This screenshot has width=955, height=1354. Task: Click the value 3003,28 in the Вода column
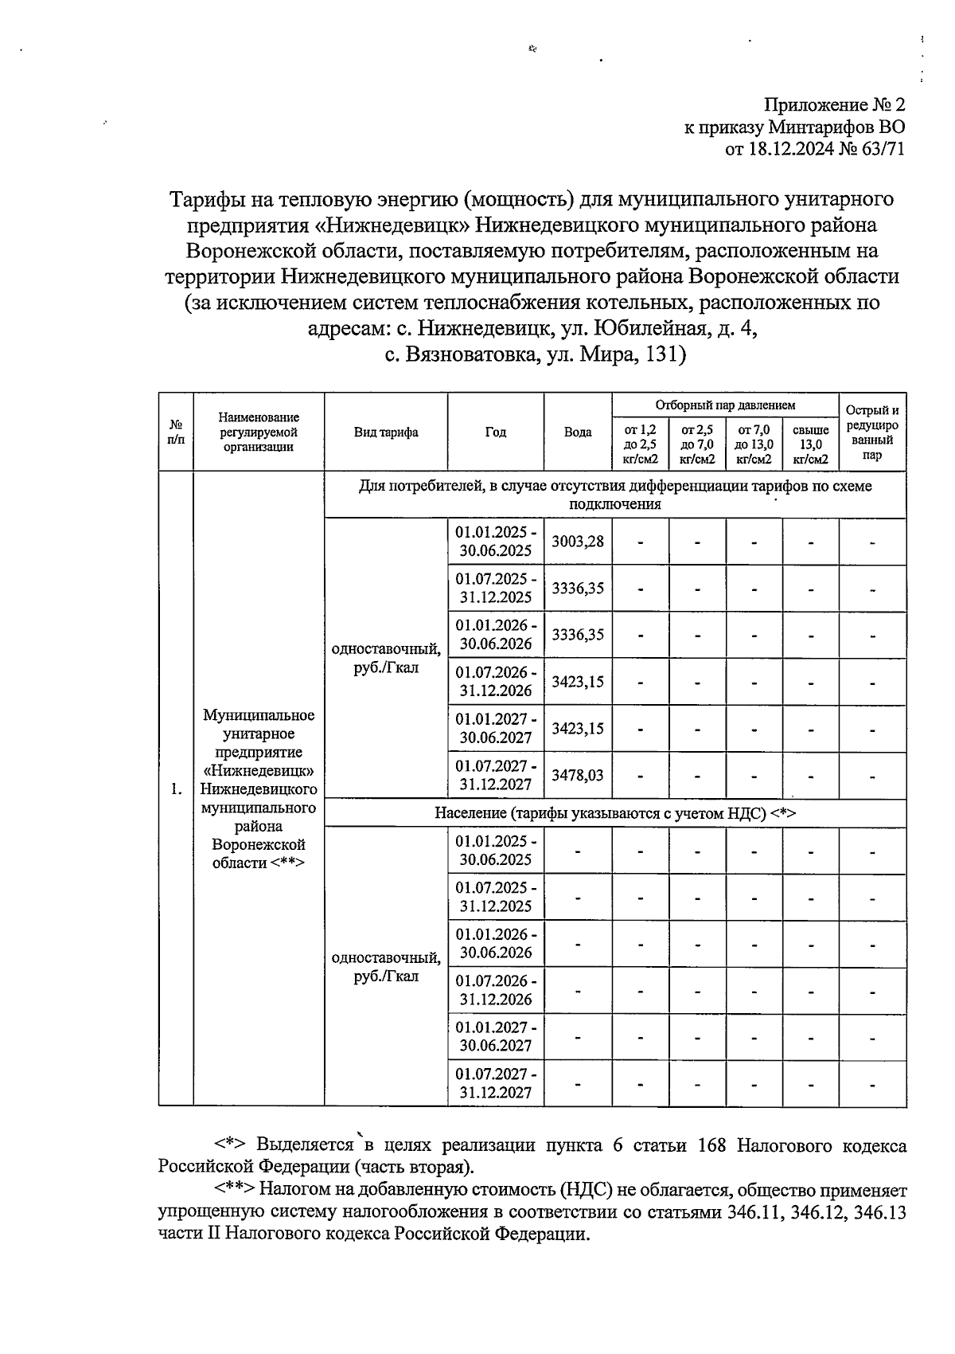point(578,542)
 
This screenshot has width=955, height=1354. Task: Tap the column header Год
point(496,432)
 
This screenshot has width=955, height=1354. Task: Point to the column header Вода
point(578,432)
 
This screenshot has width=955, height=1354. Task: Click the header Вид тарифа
point(386,432)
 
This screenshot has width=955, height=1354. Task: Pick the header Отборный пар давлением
point(725,405)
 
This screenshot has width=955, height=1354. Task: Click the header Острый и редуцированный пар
point(872,432)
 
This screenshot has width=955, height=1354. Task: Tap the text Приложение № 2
point(835,105)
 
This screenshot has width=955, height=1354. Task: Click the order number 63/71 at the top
point(882,149)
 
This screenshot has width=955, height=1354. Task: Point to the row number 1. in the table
point(176,789)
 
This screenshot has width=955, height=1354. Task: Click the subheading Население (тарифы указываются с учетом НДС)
point(615,813)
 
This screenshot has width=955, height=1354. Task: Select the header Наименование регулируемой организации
point(259,432)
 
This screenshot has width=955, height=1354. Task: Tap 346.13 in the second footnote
point(878,1213)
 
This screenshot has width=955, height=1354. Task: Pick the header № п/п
point(176,432)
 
